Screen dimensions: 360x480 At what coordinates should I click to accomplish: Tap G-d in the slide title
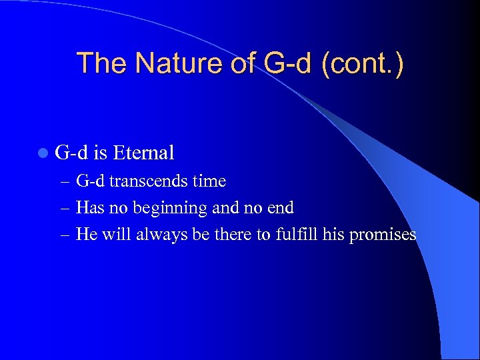(x=282, y=63)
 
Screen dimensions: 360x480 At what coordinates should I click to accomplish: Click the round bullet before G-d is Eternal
(x=43, y=153)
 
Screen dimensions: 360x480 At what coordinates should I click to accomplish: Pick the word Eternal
(x=143, y=153)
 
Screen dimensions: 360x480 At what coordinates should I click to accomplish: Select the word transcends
(x=150, y=181)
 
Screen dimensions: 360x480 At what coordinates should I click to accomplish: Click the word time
(x=209, y=181)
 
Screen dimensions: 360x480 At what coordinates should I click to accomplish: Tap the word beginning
(x=170, y=208)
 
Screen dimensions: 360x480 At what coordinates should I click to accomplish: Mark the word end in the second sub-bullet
(x=279, y=207)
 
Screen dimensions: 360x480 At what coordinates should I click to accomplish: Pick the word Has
(x=90, y=207)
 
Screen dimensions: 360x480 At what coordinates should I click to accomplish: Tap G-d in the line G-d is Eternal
(x=71, y=153)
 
